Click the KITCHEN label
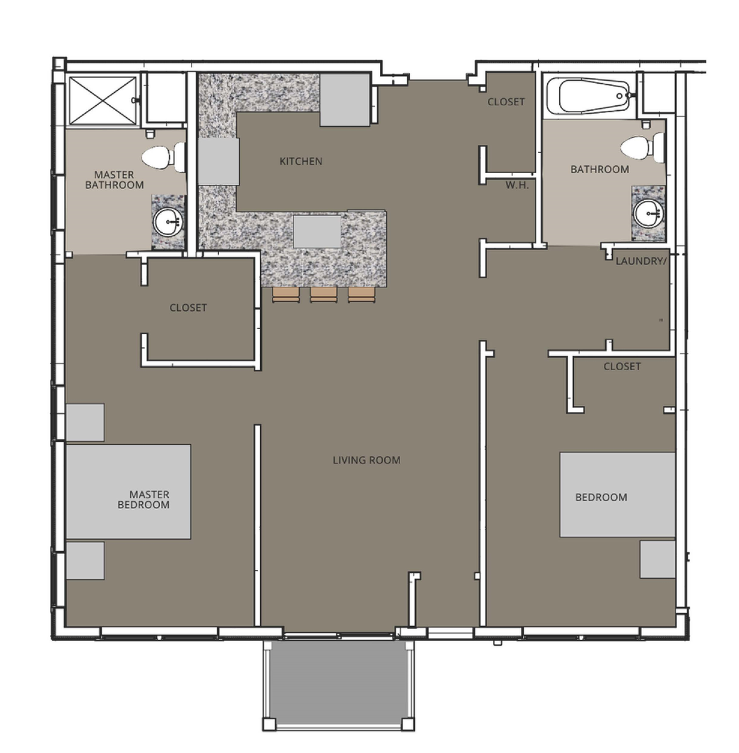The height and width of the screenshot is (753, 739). point(300,161)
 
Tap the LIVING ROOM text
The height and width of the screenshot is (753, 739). point(366,460)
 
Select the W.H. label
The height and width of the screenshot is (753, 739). point(517,185)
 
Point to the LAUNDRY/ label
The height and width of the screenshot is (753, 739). point(641,261)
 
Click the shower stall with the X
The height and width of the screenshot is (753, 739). point(102,100)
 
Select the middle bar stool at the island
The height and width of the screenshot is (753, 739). point(323,295)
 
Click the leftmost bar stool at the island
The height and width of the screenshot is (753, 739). point(286,295)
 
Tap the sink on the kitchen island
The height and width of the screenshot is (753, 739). point(317,232)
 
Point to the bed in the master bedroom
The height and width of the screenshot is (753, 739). point(128,492)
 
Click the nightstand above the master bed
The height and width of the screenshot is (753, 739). point(85,422)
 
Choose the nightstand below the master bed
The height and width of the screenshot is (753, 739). point(85,561)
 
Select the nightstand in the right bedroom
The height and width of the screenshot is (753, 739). point(657,559)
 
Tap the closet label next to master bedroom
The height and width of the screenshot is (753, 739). point(188,307)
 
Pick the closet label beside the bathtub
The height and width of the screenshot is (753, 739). point(506,102)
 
